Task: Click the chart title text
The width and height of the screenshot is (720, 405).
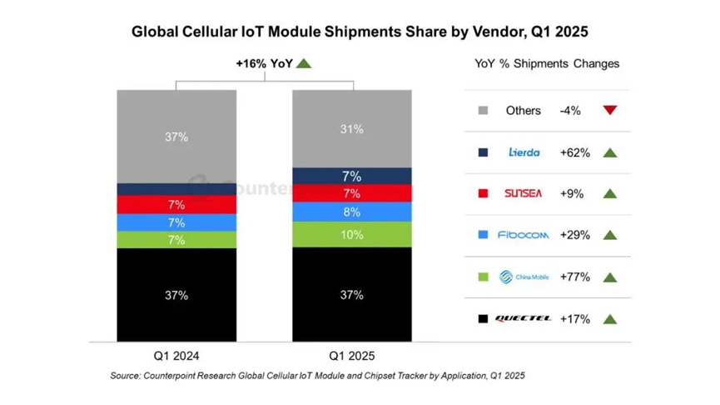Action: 360,32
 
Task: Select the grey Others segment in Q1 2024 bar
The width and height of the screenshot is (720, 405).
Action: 176,136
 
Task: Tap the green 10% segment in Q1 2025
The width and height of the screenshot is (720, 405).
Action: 352,235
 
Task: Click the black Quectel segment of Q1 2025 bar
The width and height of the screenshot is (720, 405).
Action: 352,294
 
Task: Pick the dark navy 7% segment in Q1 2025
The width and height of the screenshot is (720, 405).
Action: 352,177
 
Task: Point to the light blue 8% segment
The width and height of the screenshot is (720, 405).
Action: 352,212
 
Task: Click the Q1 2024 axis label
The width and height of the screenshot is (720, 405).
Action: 176,353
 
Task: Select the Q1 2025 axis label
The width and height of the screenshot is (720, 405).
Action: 352,353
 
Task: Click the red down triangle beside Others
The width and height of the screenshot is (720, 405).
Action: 609,110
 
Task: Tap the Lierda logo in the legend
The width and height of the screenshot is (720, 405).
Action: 524,152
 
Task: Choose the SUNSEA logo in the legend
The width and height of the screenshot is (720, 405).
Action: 523,193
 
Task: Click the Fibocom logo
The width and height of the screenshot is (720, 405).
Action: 524,235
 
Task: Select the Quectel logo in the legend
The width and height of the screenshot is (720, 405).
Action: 524,318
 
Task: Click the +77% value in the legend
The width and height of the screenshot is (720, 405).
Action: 574,277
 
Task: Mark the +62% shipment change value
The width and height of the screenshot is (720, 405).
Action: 574,152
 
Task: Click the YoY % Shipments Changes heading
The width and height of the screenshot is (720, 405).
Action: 547,63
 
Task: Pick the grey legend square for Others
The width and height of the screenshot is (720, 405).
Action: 483,110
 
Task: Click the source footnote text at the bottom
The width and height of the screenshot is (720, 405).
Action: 317,376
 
